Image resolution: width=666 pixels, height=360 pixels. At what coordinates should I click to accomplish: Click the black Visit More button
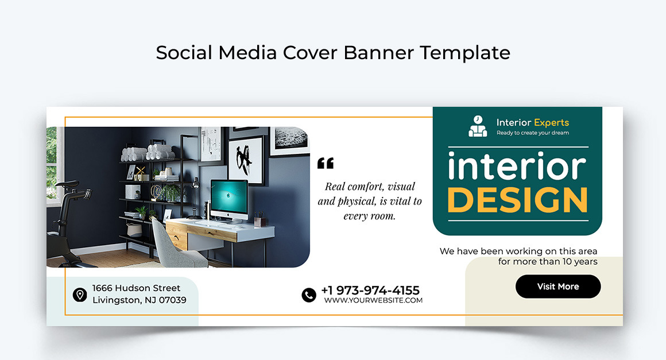point(557,287)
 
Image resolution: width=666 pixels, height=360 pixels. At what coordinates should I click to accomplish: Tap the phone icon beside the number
point(309,295)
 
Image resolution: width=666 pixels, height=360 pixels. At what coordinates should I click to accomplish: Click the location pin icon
point(80,295)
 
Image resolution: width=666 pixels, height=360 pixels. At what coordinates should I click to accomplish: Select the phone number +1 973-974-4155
point(370,290)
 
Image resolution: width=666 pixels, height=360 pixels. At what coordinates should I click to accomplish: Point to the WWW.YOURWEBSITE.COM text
point(373,300)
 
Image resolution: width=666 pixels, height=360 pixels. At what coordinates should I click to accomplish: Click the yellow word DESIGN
point(517,199)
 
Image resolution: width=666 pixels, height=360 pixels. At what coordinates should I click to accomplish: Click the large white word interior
point(516,167)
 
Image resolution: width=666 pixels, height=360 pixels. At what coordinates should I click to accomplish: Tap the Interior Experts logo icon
point(478,126)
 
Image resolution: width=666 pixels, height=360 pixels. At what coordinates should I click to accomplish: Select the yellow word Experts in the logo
point(551,122)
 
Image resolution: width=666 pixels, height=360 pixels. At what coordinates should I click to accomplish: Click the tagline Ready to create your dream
point(532,133)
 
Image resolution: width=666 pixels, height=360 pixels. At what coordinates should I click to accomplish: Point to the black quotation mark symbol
point(325,164)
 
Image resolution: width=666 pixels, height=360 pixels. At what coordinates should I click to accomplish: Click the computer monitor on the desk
point(229,198)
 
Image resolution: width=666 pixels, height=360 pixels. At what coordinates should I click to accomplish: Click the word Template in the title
point(464,53)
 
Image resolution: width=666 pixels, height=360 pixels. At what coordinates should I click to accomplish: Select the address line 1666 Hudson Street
point(136,288)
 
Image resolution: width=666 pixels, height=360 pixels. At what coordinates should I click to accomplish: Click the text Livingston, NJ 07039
point(139,300)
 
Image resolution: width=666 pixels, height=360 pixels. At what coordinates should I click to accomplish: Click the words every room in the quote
point(369,216)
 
